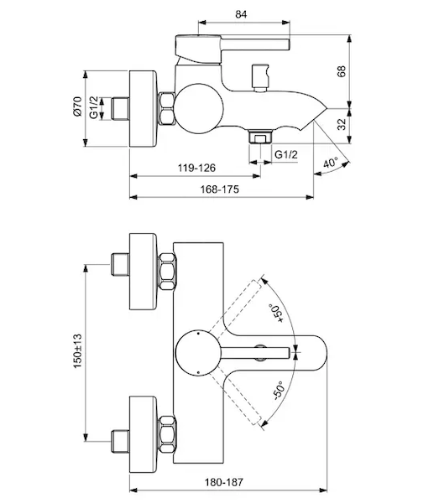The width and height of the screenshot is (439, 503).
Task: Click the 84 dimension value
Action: click(241, 14)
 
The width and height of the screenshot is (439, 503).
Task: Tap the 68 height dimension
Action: click(342, 71)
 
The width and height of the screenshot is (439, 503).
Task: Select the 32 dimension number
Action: click(342, 124)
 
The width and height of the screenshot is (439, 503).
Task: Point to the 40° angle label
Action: click(331, 163)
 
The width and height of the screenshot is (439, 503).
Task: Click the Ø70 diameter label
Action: click(78, 106)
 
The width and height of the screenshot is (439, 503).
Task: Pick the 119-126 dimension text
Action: click(196, 168)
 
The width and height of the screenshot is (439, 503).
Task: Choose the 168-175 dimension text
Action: click(220, 189)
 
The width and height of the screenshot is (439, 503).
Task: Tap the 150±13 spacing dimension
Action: click(78, 351)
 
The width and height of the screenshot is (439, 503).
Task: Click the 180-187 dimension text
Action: click(224, 482)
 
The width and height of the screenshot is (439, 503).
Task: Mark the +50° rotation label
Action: click(276, 313)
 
